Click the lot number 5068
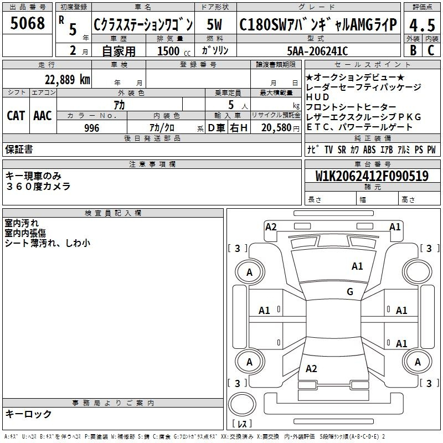(27, 23)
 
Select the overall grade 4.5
(422, 25)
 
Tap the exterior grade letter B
(413, 50)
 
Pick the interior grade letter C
(431, 50)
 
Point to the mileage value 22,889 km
(67, 80)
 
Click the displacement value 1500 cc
(174, 51)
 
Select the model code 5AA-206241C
(317, 51)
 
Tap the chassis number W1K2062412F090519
(372, 176)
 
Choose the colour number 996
(91, 128)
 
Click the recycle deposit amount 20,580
(276, 128)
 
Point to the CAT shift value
(16, 116)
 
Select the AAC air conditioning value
(43, 116)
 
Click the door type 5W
(214, 24)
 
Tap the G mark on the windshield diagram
(350, 292)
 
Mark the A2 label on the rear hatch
(311, 369)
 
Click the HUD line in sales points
(317, 97)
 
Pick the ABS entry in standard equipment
(369, 150)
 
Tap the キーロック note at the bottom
(28, 414)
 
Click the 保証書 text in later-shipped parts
(19, 149)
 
